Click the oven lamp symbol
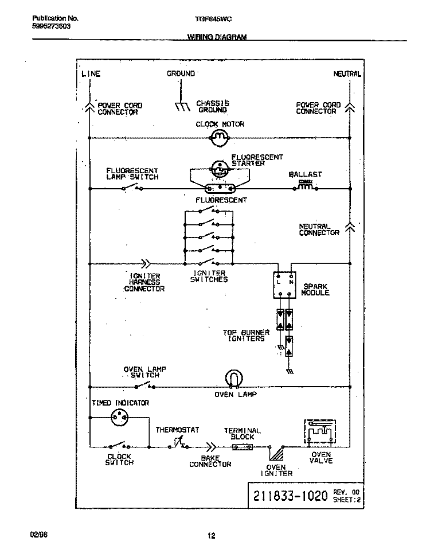(233, 379)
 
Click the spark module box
(284, 285)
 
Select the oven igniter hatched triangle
(277, 453)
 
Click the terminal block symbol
(242, 446)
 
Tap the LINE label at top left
(91, 73)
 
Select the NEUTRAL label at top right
(347, 73)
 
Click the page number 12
(211, 536)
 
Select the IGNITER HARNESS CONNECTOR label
(144, 282)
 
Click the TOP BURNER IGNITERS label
(247, 336)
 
